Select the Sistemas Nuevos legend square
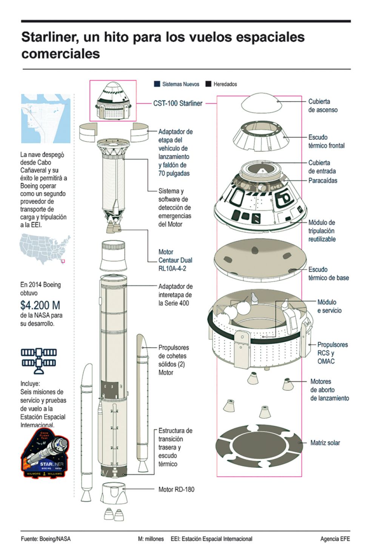click(x=157, y=84)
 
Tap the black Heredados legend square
click(x=208, y=84)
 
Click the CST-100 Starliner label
click(x=177, y=103)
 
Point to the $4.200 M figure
click(x=40, y=305)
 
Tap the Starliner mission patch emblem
click(x=45, y=453)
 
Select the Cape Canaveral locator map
click(x=46, y=119)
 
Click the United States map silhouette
click(x=45, y=248)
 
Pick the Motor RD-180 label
click(x=176, y=490)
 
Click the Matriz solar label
click(x=325, y=443)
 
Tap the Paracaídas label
click(x=323, y=180)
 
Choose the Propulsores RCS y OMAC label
click(x=332, y=353)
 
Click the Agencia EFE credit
click(x=335, y=539)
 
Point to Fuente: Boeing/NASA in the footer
click(x=46, y=539)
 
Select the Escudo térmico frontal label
click(x=326, y=141)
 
